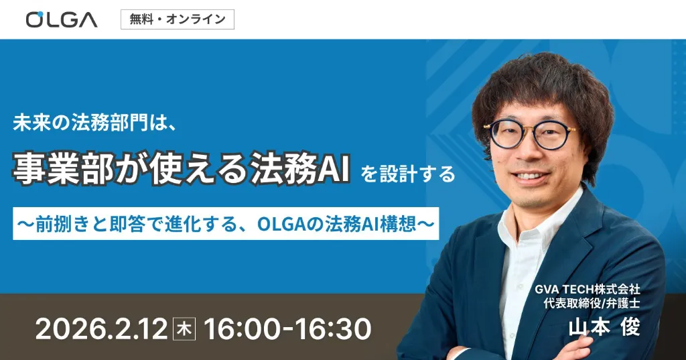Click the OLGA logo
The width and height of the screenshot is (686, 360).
[62, 19]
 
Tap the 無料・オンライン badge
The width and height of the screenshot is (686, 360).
[178, 19]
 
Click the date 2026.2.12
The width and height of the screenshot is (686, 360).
[101, 328]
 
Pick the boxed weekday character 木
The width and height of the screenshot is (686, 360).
[182, 328]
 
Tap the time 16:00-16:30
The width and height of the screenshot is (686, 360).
[287, 328]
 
